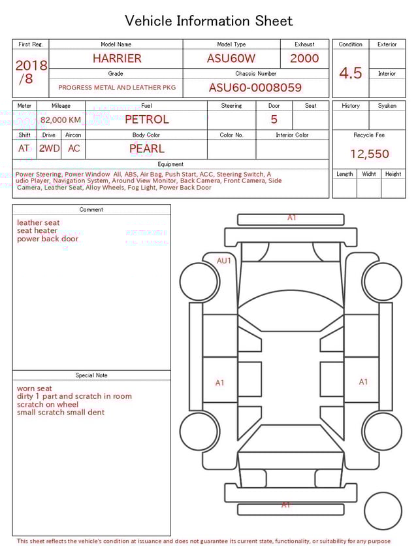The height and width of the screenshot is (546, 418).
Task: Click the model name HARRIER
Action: pos(116,58)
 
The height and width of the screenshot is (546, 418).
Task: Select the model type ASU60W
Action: pos(231,58)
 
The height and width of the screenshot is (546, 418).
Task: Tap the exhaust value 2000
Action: pos(304,58)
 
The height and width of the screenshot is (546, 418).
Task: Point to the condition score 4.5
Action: pos(351,73)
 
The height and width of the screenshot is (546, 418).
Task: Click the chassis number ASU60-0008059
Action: pos(255,88)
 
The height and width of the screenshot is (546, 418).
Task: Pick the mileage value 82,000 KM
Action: pos(61,120)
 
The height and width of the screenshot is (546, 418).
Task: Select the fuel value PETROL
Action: pos(147,119)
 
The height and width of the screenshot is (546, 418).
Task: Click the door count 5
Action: pos(274,119)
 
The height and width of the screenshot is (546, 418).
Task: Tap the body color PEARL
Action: pos(147,148)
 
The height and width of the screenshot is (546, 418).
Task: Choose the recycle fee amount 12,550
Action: pos(370,154)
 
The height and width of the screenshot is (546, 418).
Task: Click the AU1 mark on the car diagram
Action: pos(224,260)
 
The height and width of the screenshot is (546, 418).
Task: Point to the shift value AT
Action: pos(24,148)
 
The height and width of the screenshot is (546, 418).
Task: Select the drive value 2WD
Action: pos(49,148)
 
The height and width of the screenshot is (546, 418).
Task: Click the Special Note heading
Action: pos(91,375)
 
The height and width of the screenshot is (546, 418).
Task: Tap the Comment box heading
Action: pos(91,210)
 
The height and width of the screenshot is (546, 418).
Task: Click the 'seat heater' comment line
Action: pos(37,231)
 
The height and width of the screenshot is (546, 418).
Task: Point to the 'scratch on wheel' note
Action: pos(48,404)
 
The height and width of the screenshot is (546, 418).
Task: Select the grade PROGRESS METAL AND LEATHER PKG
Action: pos(116,87)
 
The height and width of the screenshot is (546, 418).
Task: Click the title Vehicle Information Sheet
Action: pos(209,21)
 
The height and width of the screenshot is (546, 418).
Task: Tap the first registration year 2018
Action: pos(31,65)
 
